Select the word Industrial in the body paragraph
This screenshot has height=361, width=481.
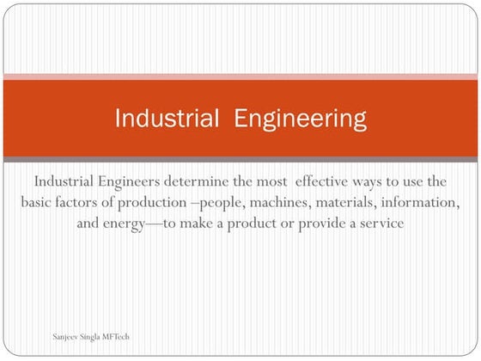pyautogui.click(x=67, y=182)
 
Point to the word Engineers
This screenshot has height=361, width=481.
pyautogui.click(x=141, y=182)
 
